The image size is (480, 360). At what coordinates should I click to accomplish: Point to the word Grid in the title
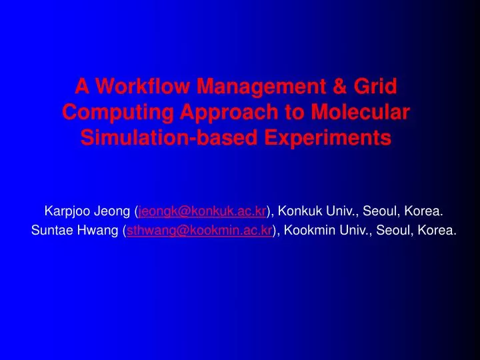[x=375, y=86]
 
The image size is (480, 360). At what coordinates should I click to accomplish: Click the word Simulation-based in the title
[x=167, y=138]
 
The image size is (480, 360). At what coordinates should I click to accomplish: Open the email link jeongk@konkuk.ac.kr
[x=202, y=212]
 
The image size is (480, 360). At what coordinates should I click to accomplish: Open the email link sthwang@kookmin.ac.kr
[x=199, y=231]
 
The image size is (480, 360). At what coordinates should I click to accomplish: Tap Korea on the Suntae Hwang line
[x=439, y=231]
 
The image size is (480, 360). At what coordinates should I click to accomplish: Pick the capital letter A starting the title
[x=81, y=86]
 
